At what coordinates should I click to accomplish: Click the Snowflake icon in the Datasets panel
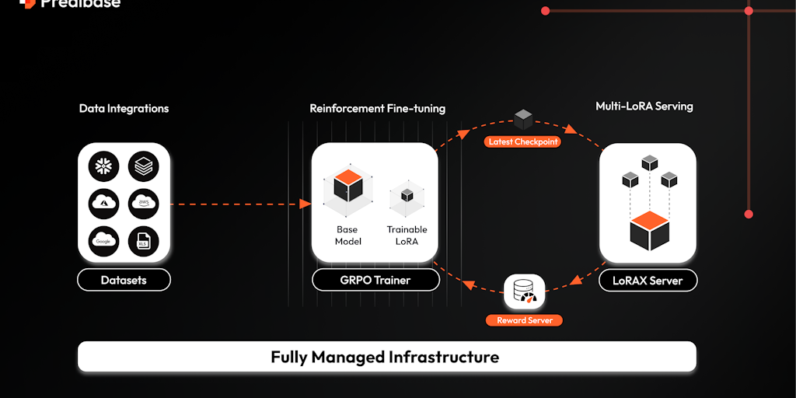(103, 165)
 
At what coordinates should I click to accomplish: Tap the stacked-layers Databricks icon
(143, 165)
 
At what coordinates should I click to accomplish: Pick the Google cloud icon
(103, 240)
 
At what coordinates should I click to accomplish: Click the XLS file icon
(143, 240)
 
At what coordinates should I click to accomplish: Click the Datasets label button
(124, 280)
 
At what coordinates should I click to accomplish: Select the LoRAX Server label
(648, 280)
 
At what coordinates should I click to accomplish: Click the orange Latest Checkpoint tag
(523, 142)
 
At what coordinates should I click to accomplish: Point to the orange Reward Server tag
(525, 320)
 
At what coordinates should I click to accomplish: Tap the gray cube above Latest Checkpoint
(523, 120)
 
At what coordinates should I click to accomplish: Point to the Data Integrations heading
(124, 108)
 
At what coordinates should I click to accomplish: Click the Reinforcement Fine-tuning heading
(378, 108)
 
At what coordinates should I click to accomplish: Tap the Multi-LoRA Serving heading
(644, 106)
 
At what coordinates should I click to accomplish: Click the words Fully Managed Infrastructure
(385, 358)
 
